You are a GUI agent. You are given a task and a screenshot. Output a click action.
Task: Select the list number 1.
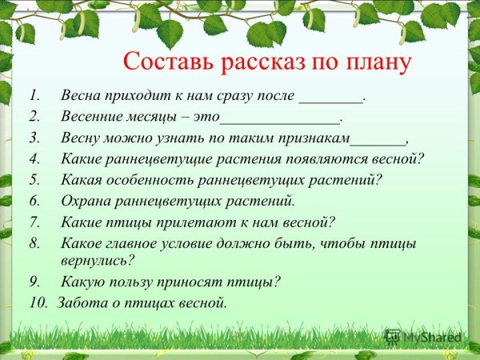pos(34,95)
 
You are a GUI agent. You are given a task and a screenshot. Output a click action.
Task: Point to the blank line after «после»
pos(331,98)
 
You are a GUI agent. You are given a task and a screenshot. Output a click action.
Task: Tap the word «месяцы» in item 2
pos(159,116)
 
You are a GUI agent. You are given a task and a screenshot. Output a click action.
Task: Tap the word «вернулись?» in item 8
pos(97,259)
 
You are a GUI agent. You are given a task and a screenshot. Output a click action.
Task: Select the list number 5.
pos(34,178)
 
